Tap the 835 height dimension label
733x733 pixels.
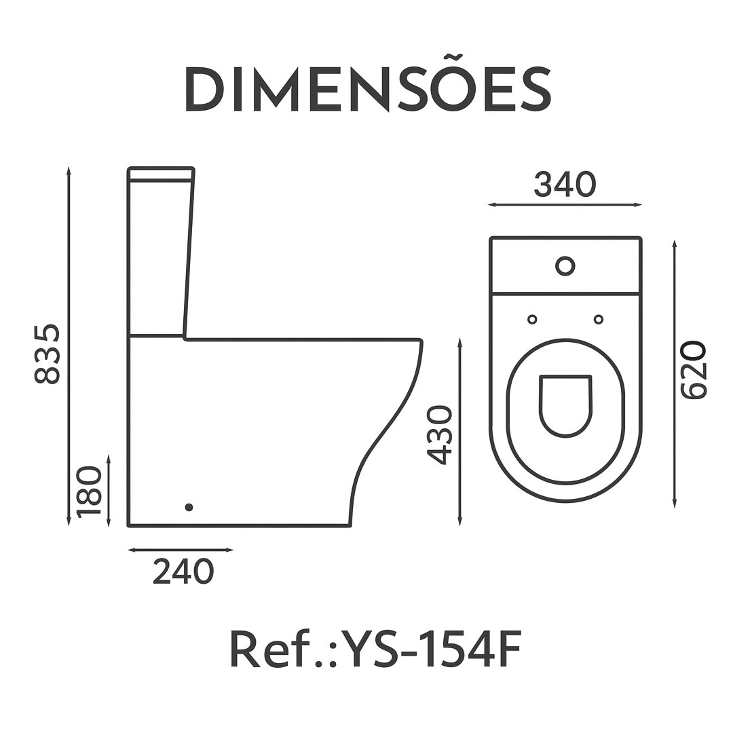pos(48,354)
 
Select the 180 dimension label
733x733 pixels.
pos(89,491)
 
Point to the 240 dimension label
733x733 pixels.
pos(183,571)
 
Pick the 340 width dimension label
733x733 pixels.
pos(565,184)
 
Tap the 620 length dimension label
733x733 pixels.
pos(692,371)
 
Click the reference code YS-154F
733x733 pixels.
pos(430,649)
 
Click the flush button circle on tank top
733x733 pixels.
pos(565,266)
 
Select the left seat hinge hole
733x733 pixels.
pos(532,320)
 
